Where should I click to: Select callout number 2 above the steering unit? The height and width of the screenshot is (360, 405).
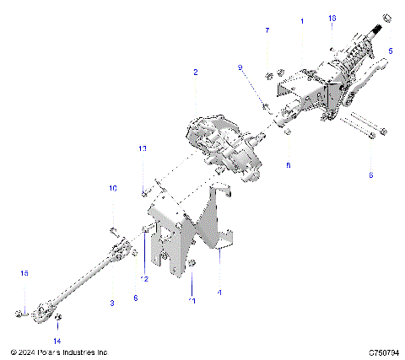195,73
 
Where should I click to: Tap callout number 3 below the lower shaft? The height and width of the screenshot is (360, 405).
111,301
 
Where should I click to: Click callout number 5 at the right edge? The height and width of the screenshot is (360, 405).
390,51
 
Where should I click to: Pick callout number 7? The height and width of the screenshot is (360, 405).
267,30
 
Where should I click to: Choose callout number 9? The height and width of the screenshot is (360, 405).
240,67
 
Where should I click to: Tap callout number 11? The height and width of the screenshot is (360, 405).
192,300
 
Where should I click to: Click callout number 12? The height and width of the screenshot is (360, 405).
144,278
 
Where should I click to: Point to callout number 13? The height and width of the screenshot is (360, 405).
143,148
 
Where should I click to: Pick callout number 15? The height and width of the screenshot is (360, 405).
24,273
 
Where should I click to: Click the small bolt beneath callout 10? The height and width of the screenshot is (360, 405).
113,228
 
